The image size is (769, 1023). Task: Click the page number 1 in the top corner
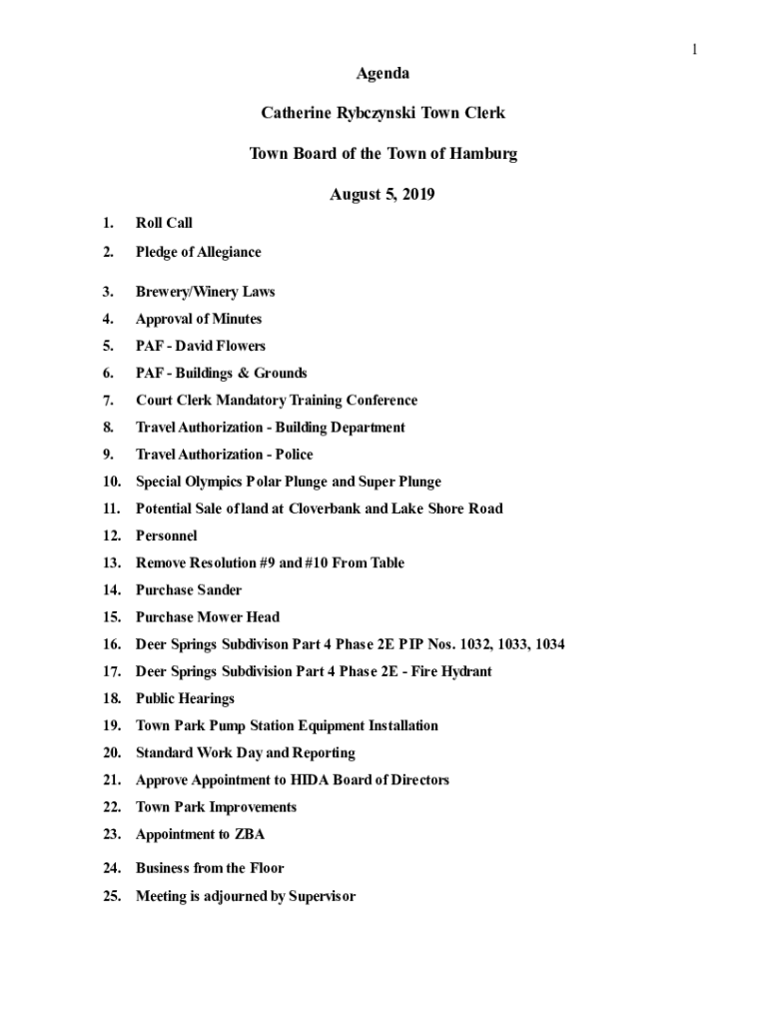(693, 50)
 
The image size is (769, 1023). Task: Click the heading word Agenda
(384, 73)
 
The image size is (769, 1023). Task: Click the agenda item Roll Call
(164, 223)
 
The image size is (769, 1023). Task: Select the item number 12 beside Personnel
(112, 535)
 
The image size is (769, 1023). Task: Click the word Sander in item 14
(219, 590)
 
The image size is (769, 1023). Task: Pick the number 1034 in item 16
(549, 644)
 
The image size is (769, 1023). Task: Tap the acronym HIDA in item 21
(312, 780)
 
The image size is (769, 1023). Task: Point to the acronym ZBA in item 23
(250, 834)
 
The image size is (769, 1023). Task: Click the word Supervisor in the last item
(322, 896)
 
